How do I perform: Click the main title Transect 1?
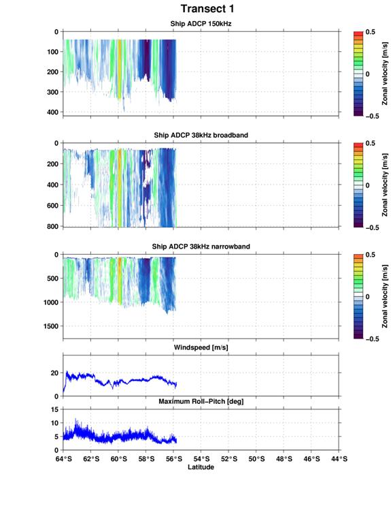coord(207,9)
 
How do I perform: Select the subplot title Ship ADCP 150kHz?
coord(201,24)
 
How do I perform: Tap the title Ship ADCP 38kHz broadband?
coord(201,135)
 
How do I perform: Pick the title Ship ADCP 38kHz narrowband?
coord(201,247)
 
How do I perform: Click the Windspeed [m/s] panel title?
coord(201,347)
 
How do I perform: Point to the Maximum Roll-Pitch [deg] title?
coord(201,401)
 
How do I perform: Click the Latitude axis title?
coord(201,467)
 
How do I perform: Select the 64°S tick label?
coord(63,459)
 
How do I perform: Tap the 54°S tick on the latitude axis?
coord(201,459)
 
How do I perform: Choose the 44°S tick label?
coord(339,459)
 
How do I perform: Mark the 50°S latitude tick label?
coord(256,459)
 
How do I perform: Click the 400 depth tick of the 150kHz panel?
coord(52,112)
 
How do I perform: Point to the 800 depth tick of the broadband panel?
coord(52,226)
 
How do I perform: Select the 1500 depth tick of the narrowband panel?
coord(51,326)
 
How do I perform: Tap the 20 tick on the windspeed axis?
coord(54,373)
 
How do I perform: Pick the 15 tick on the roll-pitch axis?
coord(55,409)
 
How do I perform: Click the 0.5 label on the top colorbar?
coord(370,32)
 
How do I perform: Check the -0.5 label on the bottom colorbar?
coord(372,339)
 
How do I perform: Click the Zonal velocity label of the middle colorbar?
coord(384,185)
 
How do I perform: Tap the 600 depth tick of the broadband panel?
coord(52,206)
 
